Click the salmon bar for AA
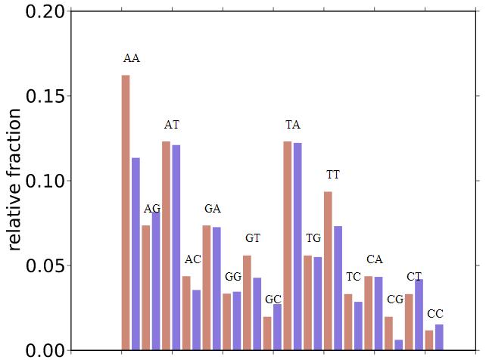(126, 212)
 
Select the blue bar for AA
(136, 253)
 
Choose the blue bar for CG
(399, 345)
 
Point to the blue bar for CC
(439, 337)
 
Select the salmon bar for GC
(267, 333)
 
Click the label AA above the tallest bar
(131, 58)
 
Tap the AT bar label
(172, 124)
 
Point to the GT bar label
(253, 238)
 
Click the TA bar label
(293, 124)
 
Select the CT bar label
(415, 276)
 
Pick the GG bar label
(232, 277)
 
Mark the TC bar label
(354, 277)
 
